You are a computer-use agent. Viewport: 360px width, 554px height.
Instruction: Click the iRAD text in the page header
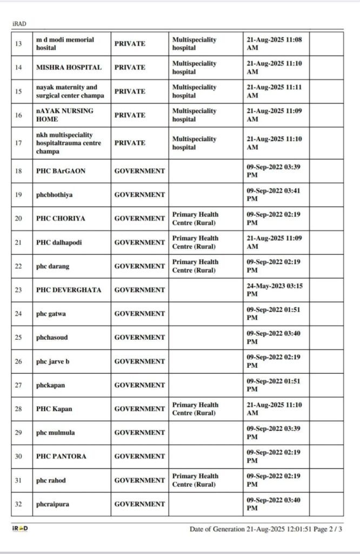pyautogui.click(x=19, y=24)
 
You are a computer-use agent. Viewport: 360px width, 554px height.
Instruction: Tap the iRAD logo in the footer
pyautogui.click(x=20, y=528)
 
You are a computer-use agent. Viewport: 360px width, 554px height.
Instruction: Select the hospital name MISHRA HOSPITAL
pyautogui.click(x=69, y=68)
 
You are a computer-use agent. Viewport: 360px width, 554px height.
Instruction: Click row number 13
pyautogui.click(x=18, y=44)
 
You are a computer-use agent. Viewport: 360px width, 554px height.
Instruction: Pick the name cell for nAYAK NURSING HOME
pyautogui.click(x=65, y=115)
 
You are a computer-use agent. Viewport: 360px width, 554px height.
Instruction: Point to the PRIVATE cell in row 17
pyautogui.click(x=130, y=143)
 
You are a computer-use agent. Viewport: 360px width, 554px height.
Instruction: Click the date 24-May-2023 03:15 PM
pyautogui.click(x=274, y=290)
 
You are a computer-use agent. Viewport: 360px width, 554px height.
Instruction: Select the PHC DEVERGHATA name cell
pyautogui.click(x=69, y=290)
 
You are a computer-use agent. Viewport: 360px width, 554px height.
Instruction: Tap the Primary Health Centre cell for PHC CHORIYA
pyautogui.click(x=195, y=219)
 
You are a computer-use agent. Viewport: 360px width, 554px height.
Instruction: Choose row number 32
pyautogui.click(x=18, y=504)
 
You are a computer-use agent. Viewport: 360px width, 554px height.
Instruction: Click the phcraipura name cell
pyautogui.click(x=53, y=504)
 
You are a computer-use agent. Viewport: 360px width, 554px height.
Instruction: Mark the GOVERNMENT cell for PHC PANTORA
pyautogui.click(x=139, y=457)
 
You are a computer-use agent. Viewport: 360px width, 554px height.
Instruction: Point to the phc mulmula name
pyautogui.click(x=55, y=433)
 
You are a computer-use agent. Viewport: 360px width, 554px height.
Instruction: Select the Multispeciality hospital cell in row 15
pyautogui.click(x=195, y=91)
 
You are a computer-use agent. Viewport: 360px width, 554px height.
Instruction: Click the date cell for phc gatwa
pyautogui.click(x=274, y=314)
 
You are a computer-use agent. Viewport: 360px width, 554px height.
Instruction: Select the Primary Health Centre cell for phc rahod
pyautogui.click(x=195, y=480)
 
